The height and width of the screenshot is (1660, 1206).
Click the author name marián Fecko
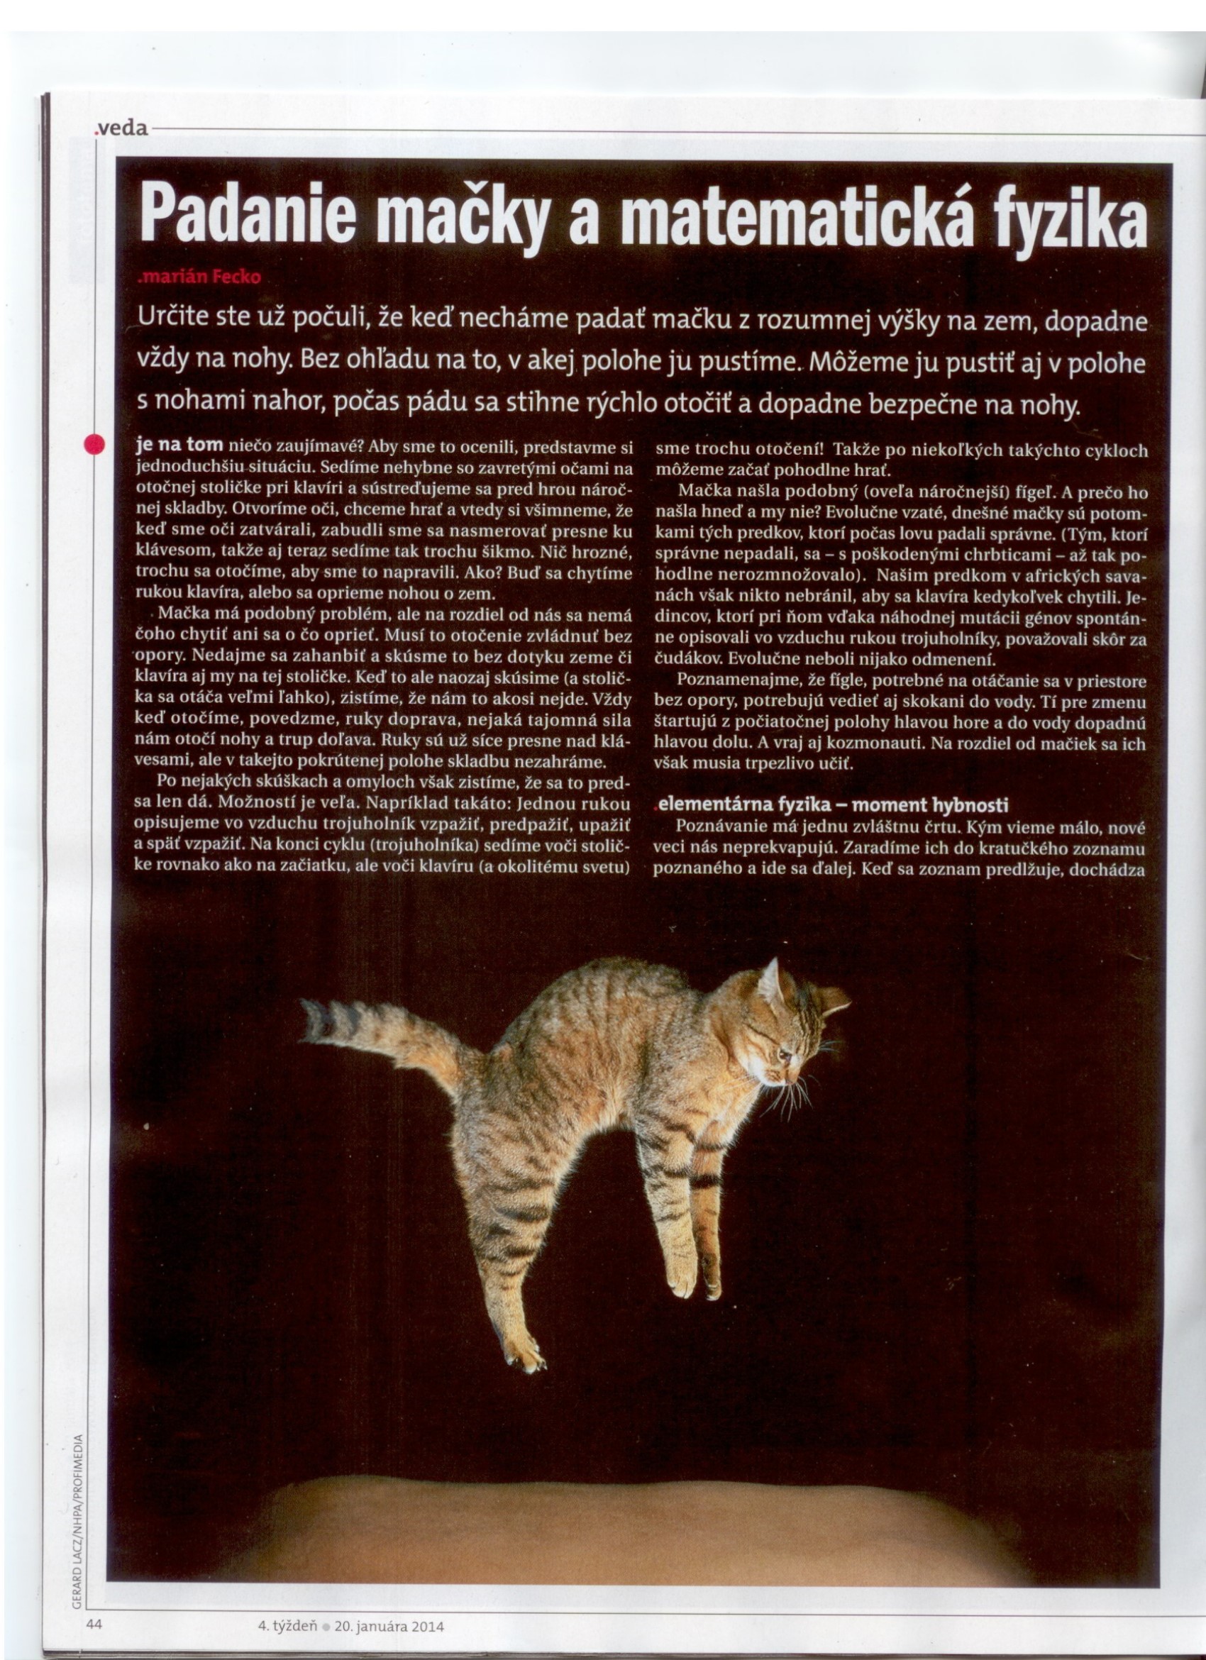coord(199,277)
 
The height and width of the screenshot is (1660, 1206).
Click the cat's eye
coord(785,1055)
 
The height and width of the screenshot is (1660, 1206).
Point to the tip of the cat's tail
coord(306,1010)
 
